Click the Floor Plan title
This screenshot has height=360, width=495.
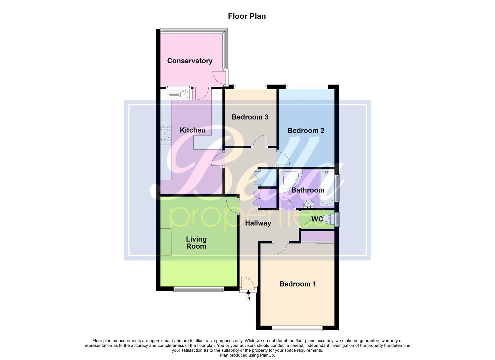[247, 16]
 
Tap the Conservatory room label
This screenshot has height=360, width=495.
[190, 61]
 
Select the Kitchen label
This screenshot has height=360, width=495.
[193, 130]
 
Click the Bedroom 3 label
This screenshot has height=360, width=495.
[250, 117]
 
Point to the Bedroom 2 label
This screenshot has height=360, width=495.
[306, 131]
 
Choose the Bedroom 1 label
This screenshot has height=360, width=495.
[298, 284]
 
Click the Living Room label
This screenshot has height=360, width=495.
[196, 243]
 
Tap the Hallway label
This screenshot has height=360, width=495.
[258, 223]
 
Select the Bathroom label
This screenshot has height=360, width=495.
[308, 190]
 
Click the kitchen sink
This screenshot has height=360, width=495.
[179, 94]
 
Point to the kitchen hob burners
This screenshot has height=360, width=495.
[166, 134]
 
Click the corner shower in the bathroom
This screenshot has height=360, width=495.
[288, 180]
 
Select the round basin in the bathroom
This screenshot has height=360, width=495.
[309, 204]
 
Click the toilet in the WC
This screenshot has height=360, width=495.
[325, 219]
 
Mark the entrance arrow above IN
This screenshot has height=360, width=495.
[248, 293]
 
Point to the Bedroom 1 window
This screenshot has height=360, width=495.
[297, 329]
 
